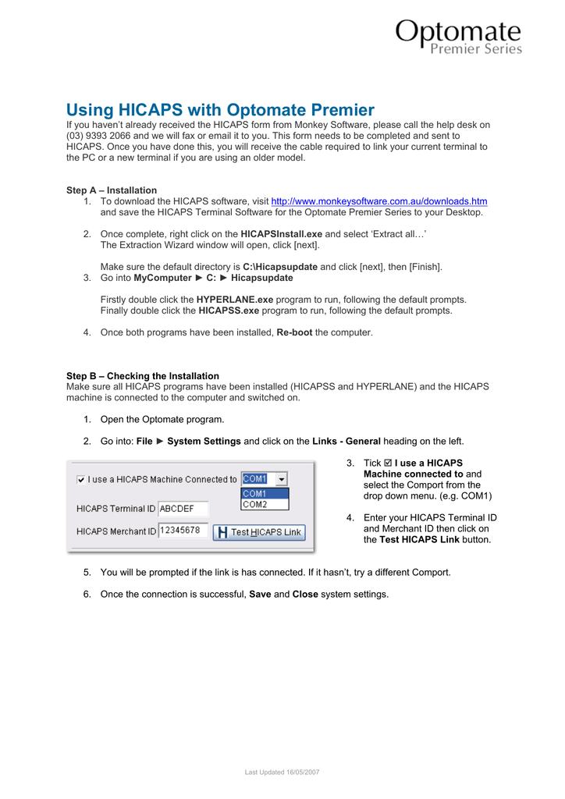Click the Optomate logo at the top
coord(458,37)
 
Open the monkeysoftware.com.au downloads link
coord(378,201)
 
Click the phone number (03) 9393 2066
coord(99,136)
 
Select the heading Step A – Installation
coord(112,190)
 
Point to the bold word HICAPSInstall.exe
coord(281,234)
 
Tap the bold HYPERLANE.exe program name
coord(235,300)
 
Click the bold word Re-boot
coord(294,332)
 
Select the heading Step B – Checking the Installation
coord(143,376)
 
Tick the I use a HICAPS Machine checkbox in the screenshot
coord(82,479)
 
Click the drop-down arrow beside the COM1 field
coord(281,479)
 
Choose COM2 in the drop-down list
coord(254,505)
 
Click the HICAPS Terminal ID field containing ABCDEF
coord(183,509)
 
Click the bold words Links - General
coord(346,442)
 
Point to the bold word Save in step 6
coord(260,595)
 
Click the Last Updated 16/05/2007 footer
coord(282,772)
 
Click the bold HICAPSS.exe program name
coord(229,311)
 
